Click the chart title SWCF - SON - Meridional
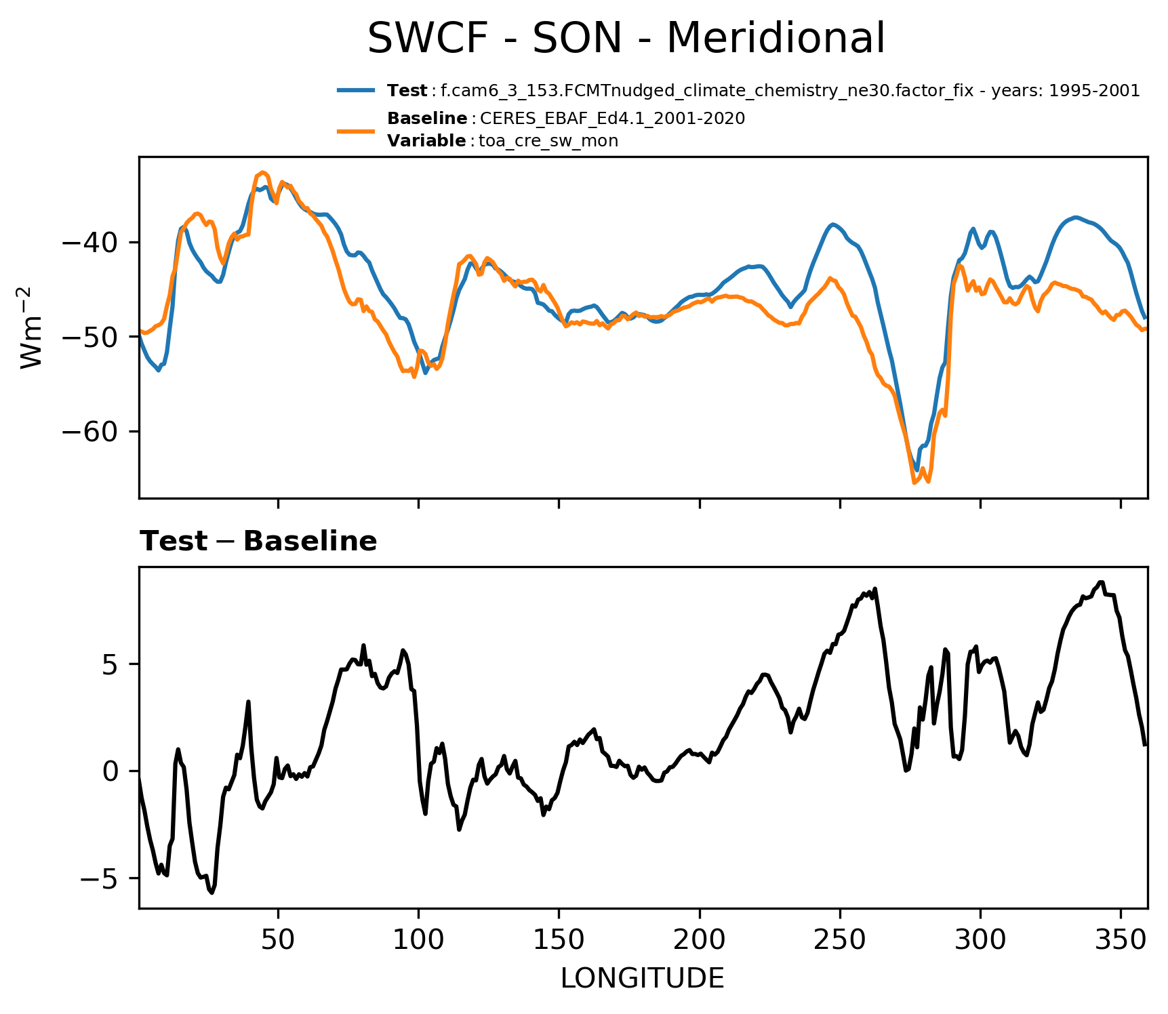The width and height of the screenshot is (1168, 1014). [x=626, y=38]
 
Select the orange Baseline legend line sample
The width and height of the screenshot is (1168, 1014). [x=355, y=129]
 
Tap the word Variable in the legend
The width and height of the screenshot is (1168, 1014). [x=426, y=141]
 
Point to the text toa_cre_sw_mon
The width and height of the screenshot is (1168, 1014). [x=548, y=141]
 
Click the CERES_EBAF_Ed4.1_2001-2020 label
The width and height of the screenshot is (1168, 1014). [x=612, y=119]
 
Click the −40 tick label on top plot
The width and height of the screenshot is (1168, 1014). [x=90, y=242]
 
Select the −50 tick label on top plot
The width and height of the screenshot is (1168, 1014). [x=90, y=337]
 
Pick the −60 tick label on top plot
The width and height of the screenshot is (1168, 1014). [x=90, y=431]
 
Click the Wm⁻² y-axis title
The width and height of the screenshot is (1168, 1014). [x=32, y=327]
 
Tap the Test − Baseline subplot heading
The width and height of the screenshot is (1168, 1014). [x=258, y=542]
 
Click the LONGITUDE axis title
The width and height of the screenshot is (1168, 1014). [x=643, y=978]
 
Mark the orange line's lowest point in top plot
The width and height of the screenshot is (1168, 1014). [x=914, y=483]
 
